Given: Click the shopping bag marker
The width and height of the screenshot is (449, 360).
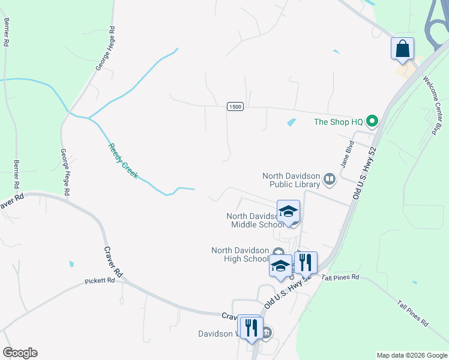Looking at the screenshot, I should pos(402,49).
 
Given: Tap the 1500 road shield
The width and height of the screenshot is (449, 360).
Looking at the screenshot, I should pos(235,106).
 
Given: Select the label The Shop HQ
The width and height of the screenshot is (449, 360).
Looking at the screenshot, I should pos(339,122).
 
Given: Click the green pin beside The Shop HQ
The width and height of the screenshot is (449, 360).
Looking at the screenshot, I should pos(372,122).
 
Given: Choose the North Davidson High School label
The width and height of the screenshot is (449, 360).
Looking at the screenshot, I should pos(240,254).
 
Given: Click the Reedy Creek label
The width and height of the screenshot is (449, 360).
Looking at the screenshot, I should pos(122,161).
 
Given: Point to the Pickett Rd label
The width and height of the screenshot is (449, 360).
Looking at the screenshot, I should pos(99,280).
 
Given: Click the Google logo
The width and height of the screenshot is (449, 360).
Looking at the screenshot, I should pos(20,353).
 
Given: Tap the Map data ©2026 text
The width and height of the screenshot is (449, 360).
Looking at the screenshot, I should pos(412,355).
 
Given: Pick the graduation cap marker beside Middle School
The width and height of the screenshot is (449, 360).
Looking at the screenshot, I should pos(288,211).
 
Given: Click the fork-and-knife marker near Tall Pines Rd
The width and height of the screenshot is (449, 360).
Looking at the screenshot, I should pos(306,262).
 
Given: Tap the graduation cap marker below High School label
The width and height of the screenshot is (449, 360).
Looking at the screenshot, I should pos(280,266).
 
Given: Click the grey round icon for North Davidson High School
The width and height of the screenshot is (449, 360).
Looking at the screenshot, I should pos(277,252).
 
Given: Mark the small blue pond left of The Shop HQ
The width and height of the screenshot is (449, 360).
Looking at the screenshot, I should pos(292,123).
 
